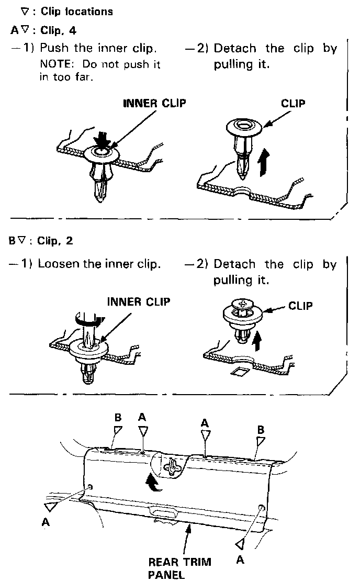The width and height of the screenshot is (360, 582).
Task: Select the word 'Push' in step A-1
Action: point(55,49)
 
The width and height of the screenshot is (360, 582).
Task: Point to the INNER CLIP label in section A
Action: point(154,103)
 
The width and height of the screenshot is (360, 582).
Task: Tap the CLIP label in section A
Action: point(293,103)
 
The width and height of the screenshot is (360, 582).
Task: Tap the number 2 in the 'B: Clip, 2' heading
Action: point(70,241)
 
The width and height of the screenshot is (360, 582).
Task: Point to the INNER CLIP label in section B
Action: point(139,301)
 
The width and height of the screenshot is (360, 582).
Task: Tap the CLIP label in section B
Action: point(300,305)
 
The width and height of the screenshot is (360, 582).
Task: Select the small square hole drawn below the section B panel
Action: point(237,373)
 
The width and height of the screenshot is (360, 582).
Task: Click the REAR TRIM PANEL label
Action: point(179,568)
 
